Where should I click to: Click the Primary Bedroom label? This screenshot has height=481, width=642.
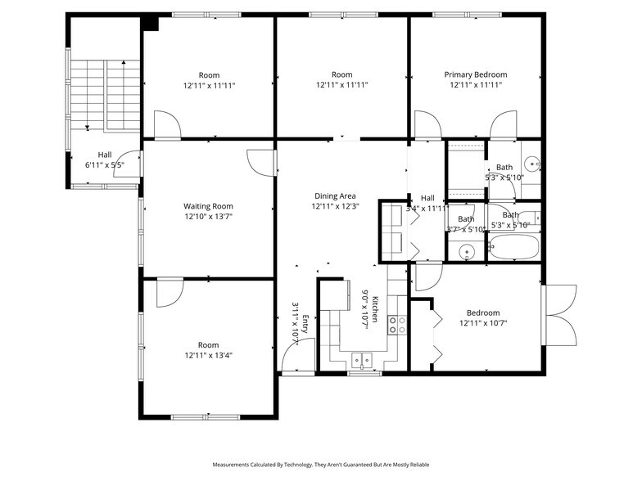tap(475, 74)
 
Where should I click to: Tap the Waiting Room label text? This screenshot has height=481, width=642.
tap(208, 206)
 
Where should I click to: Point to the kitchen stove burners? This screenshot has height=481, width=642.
tap(397, 325)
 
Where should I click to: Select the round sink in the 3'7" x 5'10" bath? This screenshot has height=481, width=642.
tap(468, 251)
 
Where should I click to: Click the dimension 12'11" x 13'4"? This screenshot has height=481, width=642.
tap(208, 356)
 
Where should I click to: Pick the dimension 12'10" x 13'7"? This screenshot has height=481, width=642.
tap(208, 218)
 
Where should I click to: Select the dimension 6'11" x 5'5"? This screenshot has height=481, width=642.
tap(105, 165)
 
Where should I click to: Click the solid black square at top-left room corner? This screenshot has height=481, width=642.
tap(150, 23)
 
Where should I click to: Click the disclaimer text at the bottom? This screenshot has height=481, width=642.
tap(320, 465)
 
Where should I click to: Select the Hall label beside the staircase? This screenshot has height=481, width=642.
tap(105, 155)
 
